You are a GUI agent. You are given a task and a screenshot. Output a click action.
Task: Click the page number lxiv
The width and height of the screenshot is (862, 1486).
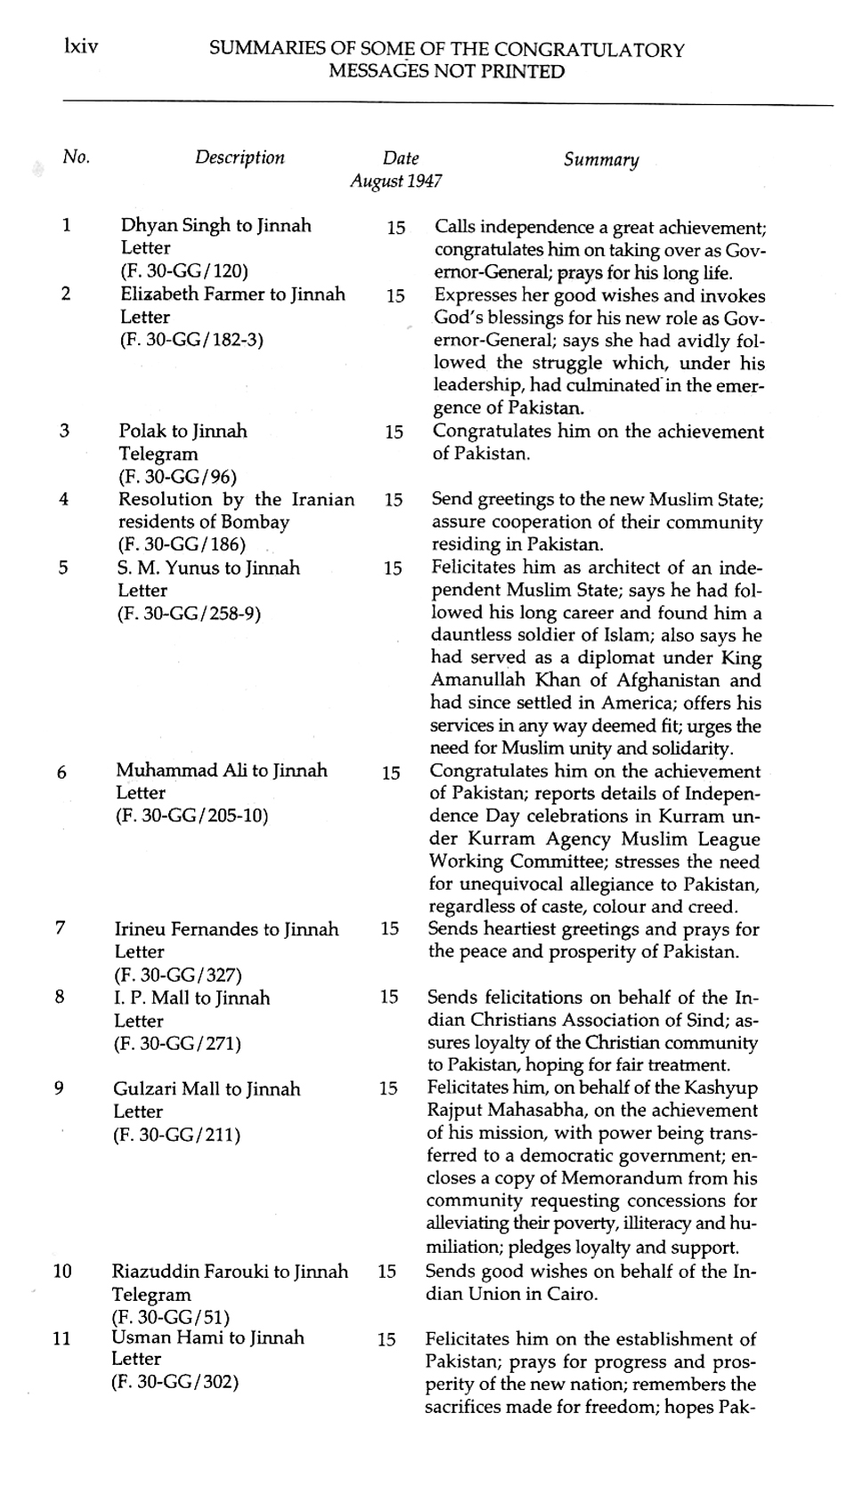(80, 45)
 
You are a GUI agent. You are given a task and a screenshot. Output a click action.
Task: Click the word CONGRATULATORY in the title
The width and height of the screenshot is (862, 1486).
(589, 50)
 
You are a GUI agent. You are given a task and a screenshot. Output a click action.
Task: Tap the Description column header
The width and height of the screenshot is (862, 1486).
(240, 157)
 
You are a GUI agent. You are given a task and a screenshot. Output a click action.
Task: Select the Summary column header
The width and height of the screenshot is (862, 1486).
(601, 160)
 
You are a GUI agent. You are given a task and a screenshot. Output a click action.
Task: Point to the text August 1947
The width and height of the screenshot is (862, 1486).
(395, 182)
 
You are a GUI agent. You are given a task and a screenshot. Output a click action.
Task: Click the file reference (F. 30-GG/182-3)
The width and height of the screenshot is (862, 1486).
(191, 339)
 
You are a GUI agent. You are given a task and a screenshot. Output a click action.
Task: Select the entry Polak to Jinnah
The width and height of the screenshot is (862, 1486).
(183, 431)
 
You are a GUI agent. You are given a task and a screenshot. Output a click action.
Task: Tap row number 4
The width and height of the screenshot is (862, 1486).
(63, 499)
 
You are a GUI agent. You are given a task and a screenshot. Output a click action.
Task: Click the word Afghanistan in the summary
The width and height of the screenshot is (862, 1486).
(701, 681)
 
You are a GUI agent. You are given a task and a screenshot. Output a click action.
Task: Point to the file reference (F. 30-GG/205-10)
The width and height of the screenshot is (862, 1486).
(192, 815)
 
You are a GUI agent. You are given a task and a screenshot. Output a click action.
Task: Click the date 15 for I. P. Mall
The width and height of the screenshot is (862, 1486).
(389, 997)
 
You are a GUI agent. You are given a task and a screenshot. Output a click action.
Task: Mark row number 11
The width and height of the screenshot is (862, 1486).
(61, 1338)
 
